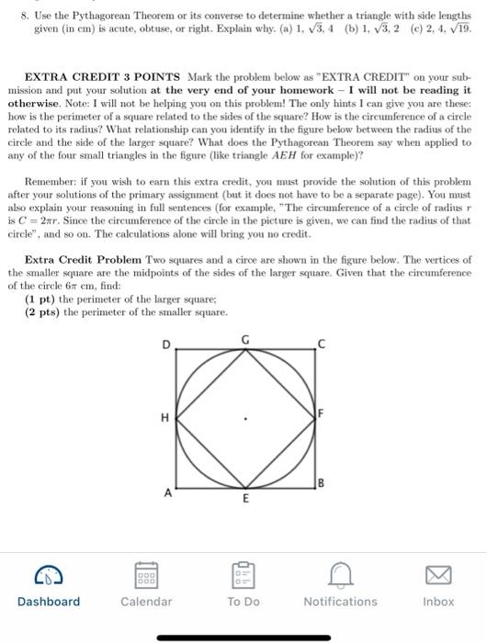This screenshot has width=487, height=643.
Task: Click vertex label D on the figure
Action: pyautogui.click(x=167, y=344)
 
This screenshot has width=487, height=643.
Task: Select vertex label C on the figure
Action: pyautogui.click(x=321, y=344)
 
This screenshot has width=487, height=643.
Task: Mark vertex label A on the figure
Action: pyautogui.click(x=167, y=490)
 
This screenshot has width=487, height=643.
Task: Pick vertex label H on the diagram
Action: pyautogui.click(x=164, y=419)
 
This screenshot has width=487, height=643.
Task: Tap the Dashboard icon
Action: pyautogui.click(x=48, y=575)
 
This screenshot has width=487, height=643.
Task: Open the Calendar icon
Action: pyautogui.click(x=146, y=575)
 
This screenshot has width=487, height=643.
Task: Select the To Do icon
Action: pyautogui.click(x=243, y=575)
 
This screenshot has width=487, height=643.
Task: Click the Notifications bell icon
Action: pyautogui.click(x=340, y=575)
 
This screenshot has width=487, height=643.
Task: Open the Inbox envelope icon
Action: pyautogui.click(x=438, y=575)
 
